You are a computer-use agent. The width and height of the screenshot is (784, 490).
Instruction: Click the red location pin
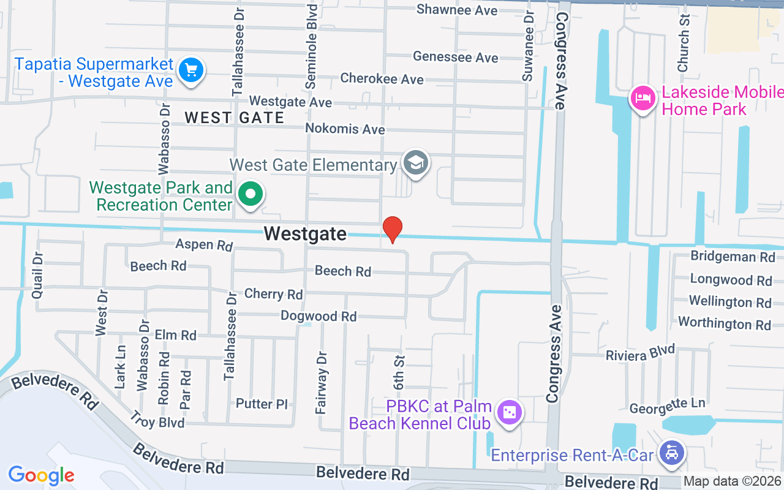coord(392,230)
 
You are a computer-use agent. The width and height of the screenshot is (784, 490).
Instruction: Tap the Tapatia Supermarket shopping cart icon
coord(191,70)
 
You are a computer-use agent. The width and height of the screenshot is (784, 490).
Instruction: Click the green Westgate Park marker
coord(251,195)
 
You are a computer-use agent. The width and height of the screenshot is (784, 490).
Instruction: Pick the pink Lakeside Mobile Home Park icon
coord(643,99)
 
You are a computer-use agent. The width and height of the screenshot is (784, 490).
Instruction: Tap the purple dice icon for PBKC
coord(509,413)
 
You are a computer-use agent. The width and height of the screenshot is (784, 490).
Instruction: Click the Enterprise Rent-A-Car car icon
coord(672,454)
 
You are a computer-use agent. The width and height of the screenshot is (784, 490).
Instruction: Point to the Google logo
coord(41,475)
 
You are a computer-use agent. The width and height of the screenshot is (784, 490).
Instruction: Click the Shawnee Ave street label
coord(453,10)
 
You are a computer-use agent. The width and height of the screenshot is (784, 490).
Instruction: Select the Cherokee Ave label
coord(382,79)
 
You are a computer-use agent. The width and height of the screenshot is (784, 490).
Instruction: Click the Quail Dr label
coord(38,275)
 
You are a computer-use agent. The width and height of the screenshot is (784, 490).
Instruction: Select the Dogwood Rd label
coord(318,316)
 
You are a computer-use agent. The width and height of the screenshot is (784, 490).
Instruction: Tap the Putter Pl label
coord(262,404)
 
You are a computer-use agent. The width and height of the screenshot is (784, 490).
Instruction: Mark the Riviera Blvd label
coord(640,353)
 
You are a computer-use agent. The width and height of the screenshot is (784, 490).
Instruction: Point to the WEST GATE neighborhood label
coord(235,118)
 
